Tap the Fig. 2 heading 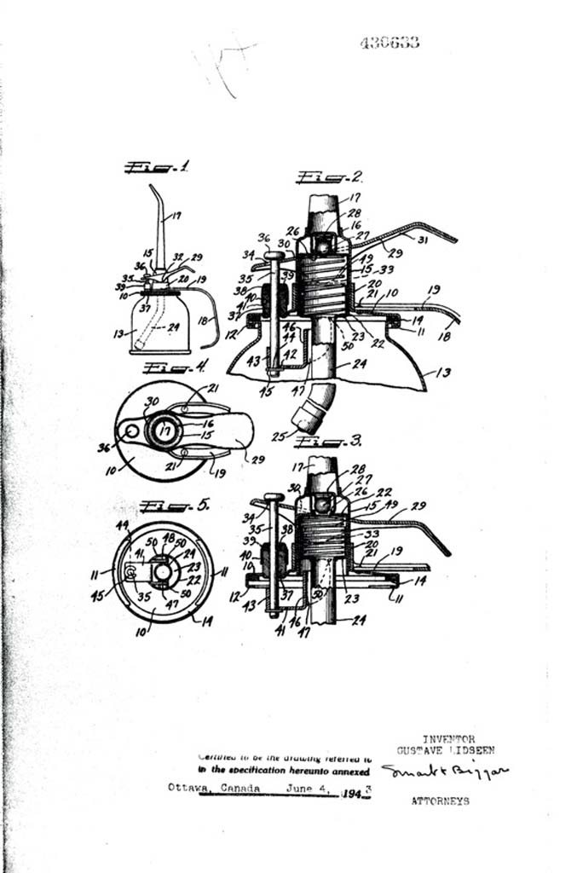click(x=330, y=177)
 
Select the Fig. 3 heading click(x=328, y=442)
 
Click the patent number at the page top click(x=389, y=43)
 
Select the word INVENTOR click(x=448, y=739)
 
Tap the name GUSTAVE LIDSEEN click(x=446, y=750)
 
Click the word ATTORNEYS click(x=440, y=801)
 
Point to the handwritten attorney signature click(x=443, y=772)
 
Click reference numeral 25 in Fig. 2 click(x=280, y=436)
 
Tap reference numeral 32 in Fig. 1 click(x=177, y=255)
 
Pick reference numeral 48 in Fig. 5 click(x=168, y=538)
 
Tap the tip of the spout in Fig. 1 click(x=151, y=186)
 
